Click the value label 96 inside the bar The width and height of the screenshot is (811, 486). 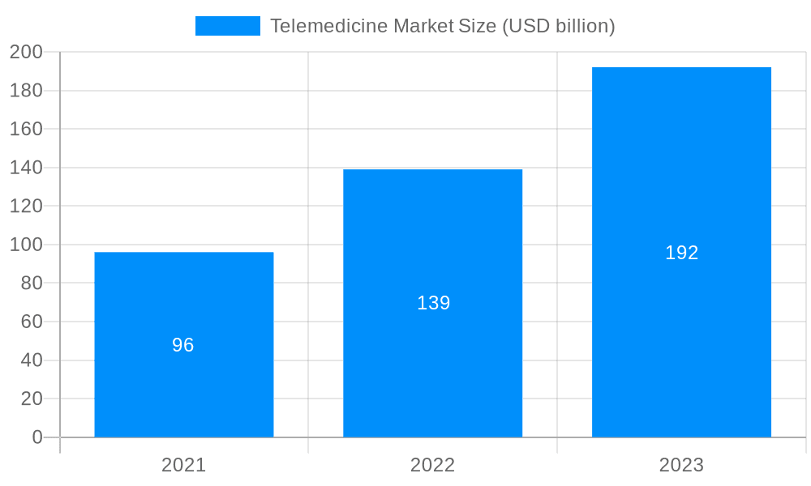click(x=183, y=345)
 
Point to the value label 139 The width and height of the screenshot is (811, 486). click(x=433, y=303)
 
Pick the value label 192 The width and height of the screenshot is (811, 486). click(x=681, y=253)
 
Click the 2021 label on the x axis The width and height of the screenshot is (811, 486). click(x=184, y=465)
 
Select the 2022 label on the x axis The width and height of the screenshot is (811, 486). click(x=432, y=465)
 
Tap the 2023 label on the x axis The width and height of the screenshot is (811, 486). click(x=681, y=465)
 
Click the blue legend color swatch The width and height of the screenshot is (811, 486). click(x=228, y=26)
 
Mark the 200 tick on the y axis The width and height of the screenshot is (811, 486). click(x=26, y=52)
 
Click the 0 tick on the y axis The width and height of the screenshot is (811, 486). click(x=37, y=437)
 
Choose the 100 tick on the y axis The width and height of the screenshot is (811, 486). click(x=26, y=245)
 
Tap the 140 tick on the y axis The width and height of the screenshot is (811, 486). click(x=26, y=168)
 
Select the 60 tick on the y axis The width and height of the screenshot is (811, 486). click(x=32, y=322)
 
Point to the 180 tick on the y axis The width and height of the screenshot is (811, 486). click(x=26, y=91)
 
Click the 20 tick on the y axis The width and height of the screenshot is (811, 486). click(x=32, y=399)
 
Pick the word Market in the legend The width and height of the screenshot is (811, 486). click(x=423, y=26)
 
